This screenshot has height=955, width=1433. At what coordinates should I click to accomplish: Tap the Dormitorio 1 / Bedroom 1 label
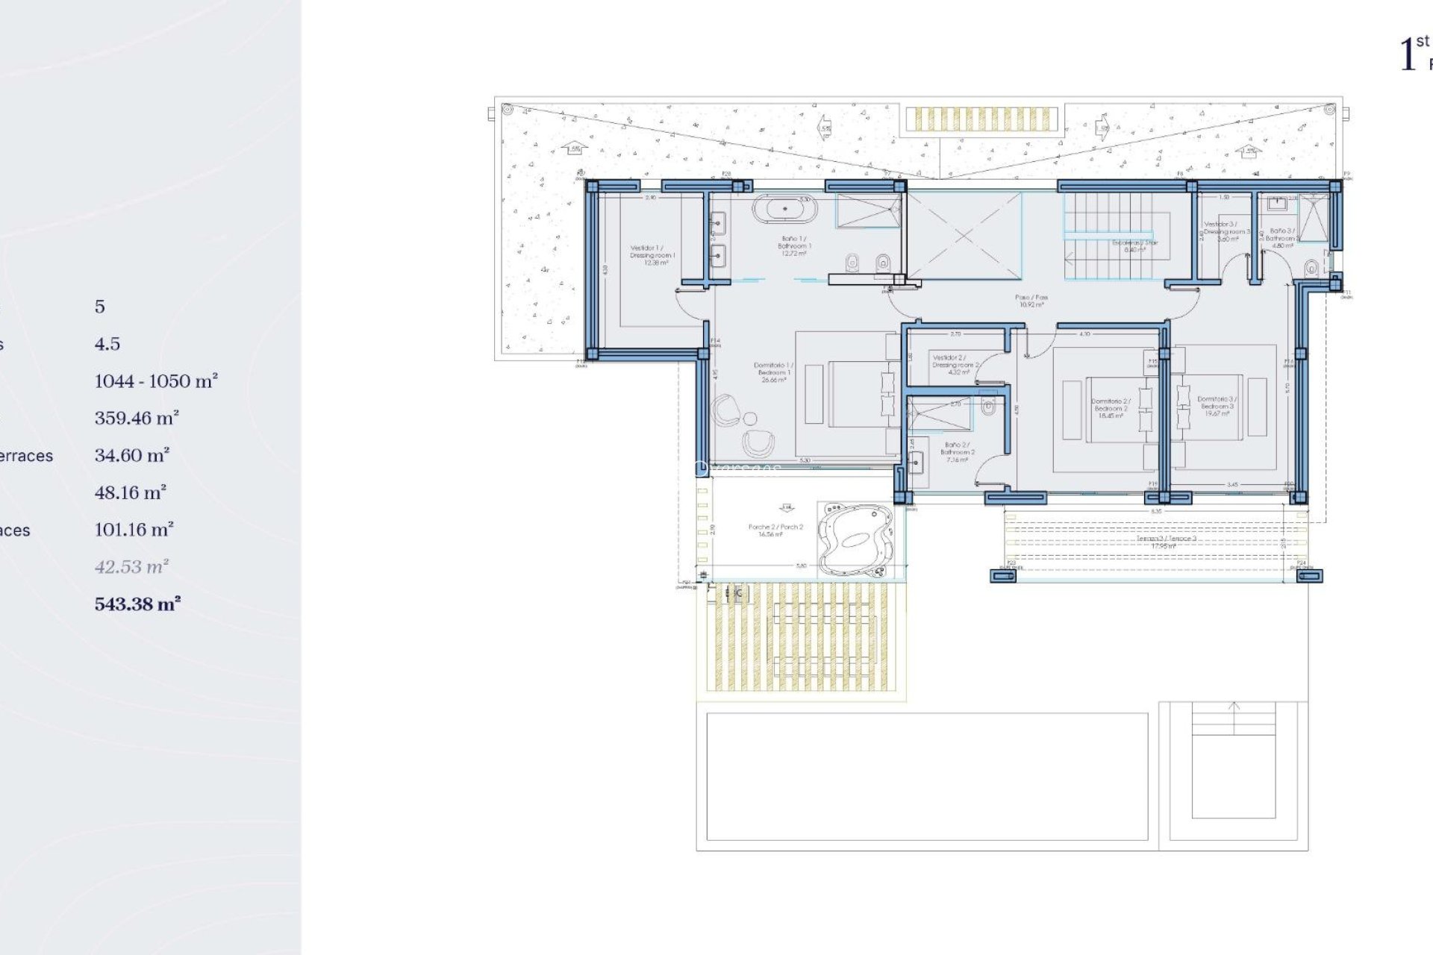click(x=773, y=372)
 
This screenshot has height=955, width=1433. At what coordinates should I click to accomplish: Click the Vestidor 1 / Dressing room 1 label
click(x=652, y=254)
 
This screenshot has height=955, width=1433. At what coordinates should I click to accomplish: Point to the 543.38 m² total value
click(x=137, y=604)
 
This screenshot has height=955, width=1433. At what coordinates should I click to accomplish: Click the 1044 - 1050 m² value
click(x=156, y=381)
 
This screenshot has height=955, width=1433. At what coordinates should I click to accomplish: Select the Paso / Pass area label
click(x=1031, y=301)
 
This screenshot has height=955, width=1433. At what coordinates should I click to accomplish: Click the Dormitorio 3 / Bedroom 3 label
click(x=1217, y=406)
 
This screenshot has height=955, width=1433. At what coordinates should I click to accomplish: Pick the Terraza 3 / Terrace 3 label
click(x=1166, y=542)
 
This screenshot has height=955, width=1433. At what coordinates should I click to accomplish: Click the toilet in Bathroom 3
click(x=1311, y=268)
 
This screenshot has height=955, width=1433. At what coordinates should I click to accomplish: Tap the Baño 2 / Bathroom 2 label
click(x=957, y=452)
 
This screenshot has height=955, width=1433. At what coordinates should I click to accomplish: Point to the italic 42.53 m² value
click(x=131, y=566)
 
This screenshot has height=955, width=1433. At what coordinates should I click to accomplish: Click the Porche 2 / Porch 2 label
click(x=775, y=530)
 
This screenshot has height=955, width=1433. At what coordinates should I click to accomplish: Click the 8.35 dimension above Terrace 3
click(x=1156, y=512)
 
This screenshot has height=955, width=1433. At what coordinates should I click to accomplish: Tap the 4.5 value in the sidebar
click(x=107, y=343)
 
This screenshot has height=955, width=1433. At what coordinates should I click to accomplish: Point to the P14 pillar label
click(x=715, y=340)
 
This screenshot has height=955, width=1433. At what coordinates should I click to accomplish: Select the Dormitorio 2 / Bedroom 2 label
click(x=1111, y=408)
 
